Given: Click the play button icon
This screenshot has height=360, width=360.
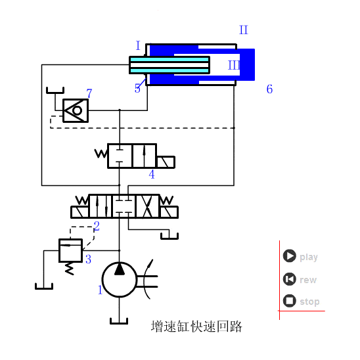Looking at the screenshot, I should click(289, 256).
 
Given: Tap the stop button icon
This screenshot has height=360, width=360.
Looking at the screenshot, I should click(289, 301).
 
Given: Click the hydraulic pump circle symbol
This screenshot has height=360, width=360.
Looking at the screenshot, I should click(120, 280).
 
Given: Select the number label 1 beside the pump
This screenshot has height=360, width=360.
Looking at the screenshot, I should click(101, 290).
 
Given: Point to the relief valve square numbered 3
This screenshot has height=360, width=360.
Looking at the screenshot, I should click(70, 250).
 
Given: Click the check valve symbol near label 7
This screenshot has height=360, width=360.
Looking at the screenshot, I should click(76, 110).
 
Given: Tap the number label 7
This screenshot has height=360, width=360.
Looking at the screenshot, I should click(89, 94).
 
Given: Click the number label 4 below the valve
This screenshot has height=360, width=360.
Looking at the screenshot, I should click(152, 175).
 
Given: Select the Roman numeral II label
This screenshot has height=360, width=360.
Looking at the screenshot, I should click(244, 30).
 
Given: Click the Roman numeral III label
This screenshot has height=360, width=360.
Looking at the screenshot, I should click(234, 65).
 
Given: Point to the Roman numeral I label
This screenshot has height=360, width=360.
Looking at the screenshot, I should click(138, 46).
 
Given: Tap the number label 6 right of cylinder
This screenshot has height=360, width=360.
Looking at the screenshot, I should click(269, 89).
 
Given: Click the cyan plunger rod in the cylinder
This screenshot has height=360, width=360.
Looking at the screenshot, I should click(169, 65).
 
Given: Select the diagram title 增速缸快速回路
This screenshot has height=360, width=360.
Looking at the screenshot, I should click(196, 326).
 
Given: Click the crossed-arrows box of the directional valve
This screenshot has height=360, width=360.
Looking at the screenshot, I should click(146, 205).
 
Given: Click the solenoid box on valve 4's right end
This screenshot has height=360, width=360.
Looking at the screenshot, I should click(166, 162).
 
